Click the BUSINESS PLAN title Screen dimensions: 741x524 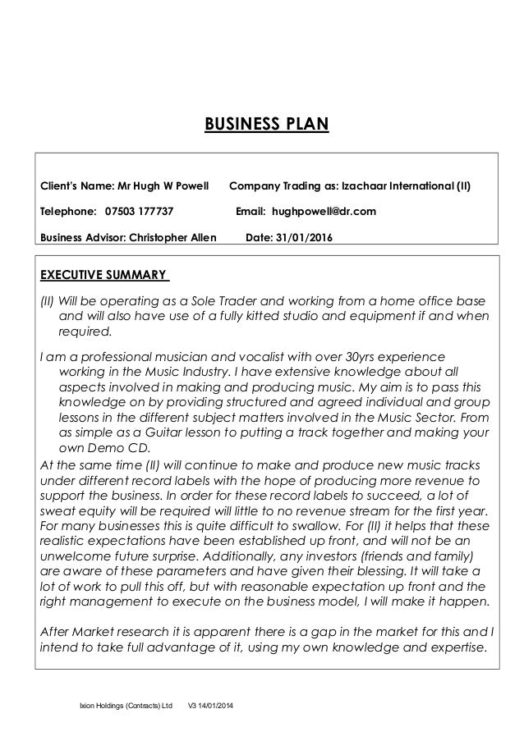coord(265,125)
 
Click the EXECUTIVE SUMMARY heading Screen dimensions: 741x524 coord(104,273)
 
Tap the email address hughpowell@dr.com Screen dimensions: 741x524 coord(324,212)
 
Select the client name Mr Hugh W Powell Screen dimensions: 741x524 coord(169,185)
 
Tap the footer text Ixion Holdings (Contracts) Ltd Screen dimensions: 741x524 coord(126,707)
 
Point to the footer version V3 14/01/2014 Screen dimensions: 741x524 coord(210,707)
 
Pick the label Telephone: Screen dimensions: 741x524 coord(68,212)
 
